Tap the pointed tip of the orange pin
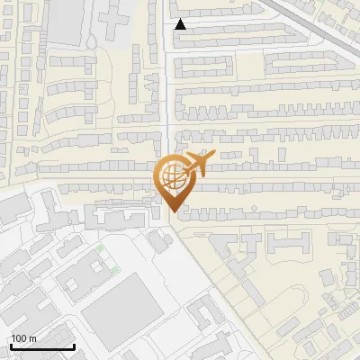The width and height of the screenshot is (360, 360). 171,211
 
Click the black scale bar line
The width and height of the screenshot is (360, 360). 42,346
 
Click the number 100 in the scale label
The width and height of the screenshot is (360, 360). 20,337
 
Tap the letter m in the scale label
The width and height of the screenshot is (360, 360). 32,337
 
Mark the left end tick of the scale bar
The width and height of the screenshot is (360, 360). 11,345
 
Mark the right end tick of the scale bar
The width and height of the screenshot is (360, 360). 74,345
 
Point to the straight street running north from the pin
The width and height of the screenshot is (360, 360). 167,90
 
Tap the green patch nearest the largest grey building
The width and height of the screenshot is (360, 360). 115,269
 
